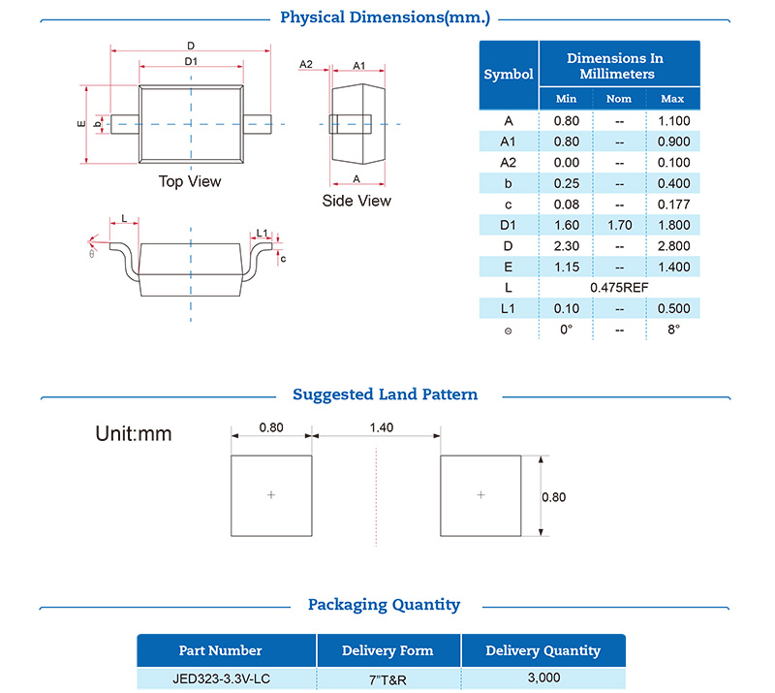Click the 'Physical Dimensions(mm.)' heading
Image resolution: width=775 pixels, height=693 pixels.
point(385,17)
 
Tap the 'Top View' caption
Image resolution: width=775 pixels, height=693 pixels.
point(190,181)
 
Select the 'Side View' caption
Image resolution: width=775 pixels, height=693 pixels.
point(356,201)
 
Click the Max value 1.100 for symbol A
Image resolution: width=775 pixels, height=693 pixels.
point(671,121)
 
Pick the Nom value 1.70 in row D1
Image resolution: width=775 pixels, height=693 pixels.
point(618,225)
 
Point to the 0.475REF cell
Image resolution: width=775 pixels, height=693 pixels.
point(619,288)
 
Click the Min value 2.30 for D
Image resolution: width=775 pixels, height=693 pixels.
point(566,246)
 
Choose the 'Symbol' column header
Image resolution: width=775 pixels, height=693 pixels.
point(509,74)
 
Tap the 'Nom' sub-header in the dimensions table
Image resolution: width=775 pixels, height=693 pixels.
point(618,99)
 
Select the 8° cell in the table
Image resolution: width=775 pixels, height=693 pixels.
point(671,330)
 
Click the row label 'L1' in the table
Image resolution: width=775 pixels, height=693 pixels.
point(509,308)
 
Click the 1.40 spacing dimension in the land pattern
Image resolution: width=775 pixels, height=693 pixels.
point(376,425)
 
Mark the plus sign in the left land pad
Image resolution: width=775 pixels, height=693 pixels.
point(271,495)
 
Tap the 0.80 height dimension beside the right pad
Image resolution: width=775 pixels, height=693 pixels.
point(553,497)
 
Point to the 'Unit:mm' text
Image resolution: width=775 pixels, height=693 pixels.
point(134,433)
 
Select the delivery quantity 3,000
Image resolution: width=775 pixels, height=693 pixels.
point(542,677)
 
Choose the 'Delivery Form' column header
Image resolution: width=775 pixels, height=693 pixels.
point(387,650)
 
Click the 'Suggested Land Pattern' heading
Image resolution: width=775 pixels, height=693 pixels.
point(385,394)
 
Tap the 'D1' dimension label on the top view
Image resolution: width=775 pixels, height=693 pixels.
point(191,61)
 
